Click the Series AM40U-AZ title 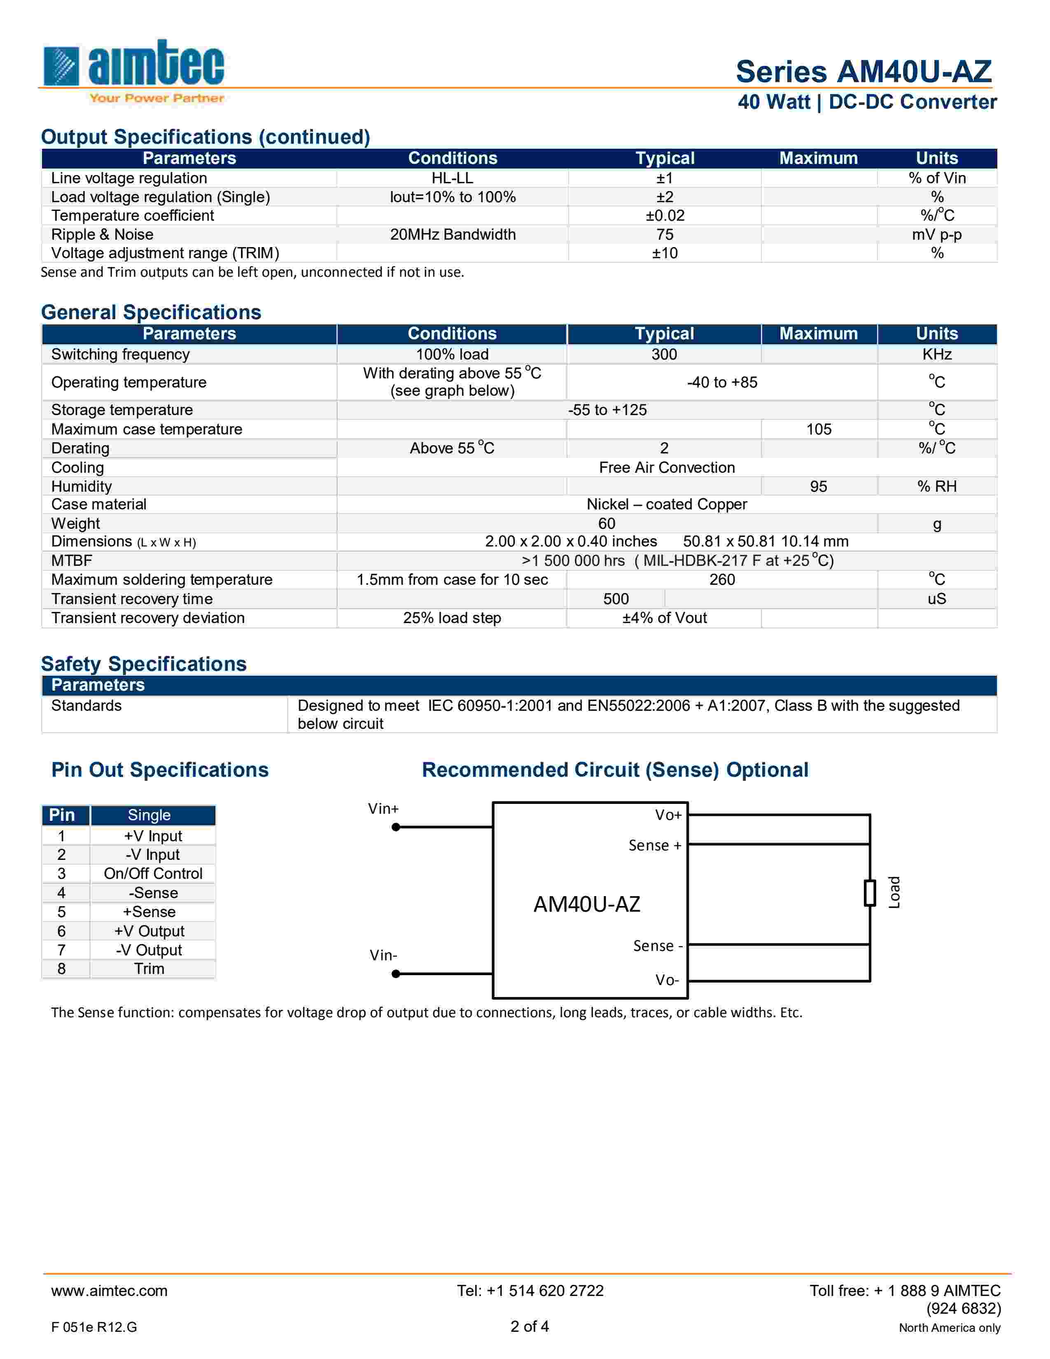point(863,72)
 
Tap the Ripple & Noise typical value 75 point(664,235)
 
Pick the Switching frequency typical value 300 point(664,354)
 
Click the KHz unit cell point(937,354)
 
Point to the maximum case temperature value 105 point(819,430)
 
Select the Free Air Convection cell point(667,467)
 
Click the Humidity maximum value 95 point(819,487)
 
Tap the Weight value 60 point(607,523)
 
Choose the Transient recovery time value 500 point(616,599)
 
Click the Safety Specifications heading point(144,664)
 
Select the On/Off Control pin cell point(153,873)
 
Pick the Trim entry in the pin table point(149,969)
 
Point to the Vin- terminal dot point(396,974)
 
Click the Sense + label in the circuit point(655,845)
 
